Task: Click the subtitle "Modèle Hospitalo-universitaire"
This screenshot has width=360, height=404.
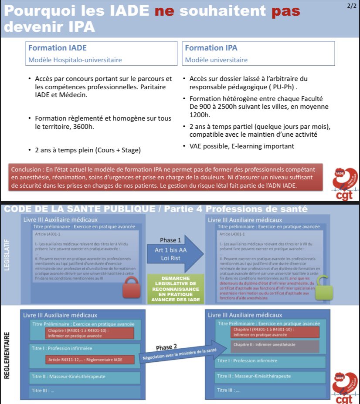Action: pos(75,60)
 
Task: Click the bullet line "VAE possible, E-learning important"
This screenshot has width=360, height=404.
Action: pos(241,146)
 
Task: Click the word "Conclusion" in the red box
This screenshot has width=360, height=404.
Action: pos(27,169)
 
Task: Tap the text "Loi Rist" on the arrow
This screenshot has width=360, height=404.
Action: pos(170,258)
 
